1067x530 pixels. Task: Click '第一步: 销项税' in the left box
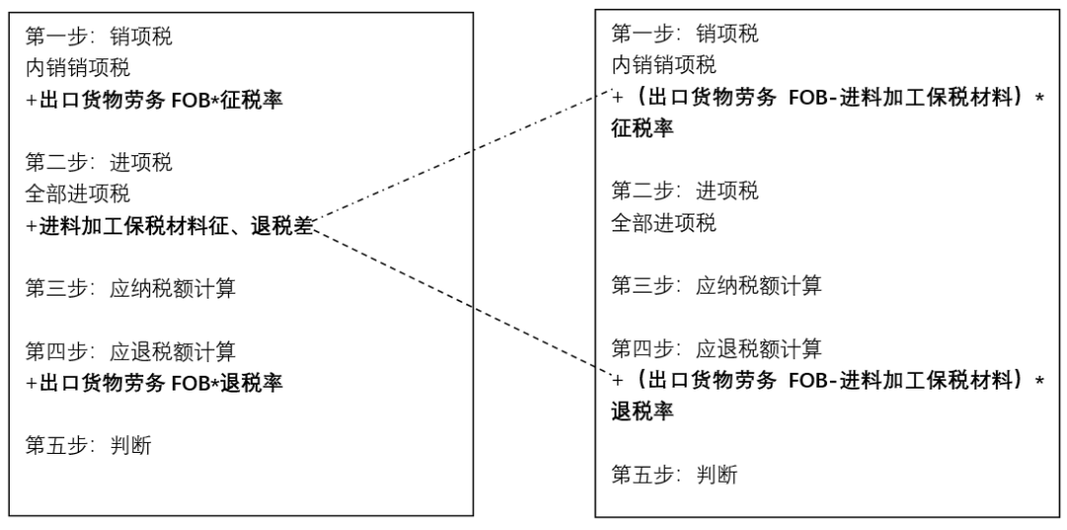103,39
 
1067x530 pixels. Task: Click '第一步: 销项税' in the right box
686,36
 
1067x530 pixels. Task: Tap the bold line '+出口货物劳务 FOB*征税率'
155,100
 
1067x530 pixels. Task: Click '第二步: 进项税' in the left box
103,162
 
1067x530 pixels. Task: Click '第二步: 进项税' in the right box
686,190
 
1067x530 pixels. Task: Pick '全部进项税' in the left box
78,194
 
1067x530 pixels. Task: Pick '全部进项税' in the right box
664,221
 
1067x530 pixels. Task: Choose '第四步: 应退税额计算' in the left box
130,351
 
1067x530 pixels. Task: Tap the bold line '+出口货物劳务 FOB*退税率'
155,383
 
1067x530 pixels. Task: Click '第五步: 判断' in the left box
89,445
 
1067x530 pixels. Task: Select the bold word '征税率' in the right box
643,129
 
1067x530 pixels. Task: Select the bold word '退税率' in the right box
643,410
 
